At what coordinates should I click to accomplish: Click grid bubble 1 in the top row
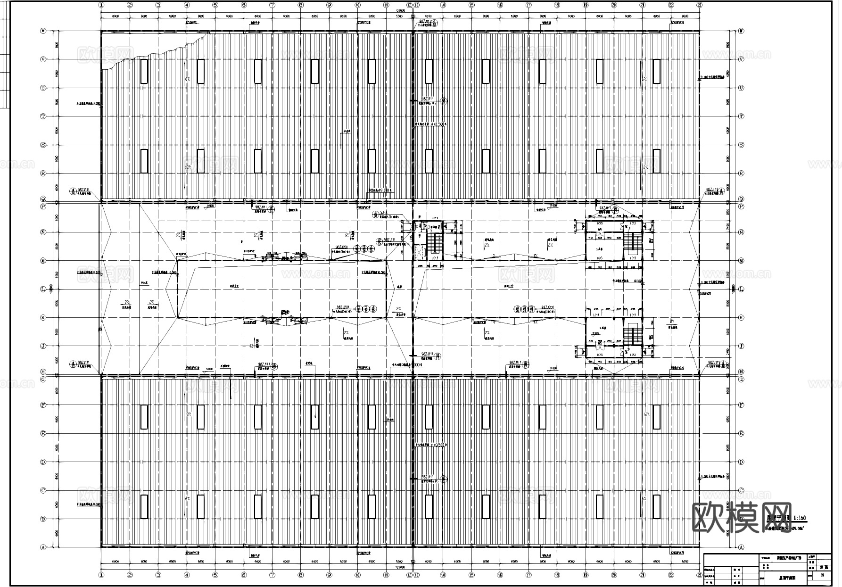pyautogui.click(x=101, y=5)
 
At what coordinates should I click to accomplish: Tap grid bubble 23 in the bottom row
pyautogui.click(x=699, y=575)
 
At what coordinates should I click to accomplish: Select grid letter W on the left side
pyautogui.click(x=43, y=31)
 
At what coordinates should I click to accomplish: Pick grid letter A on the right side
pyautogui.click(x=741, y=547)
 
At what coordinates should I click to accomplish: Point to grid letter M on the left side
pyautogui.click(x=43, y=261)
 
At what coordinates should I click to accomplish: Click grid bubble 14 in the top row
pyautogui.click(x=443, y=5)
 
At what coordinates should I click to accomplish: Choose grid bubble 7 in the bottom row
pyautogui.click(x=272, y=575)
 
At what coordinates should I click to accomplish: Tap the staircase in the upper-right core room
pyautogui.click(x=633, y=243)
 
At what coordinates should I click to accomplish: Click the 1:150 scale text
pyautogui.click(x=800, y=518)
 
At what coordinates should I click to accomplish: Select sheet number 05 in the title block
pyautogui.click(x=822, y=575)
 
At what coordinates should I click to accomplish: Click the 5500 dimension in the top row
pyautogui.click(x=399, y=16)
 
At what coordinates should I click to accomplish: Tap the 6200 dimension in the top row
pyautogui.click(x=428, y=16)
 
